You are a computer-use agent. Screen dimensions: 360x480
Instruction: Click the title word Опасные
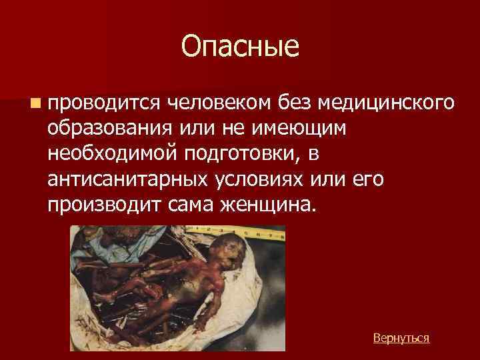coord(240,47)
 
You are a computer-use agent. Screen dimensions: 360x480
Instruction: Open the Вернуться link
coord(401,338)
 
